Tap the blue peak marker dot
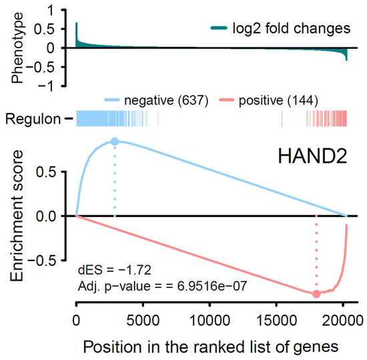[x=115, y=142]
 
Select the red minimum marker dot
[x=316, y=293]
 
